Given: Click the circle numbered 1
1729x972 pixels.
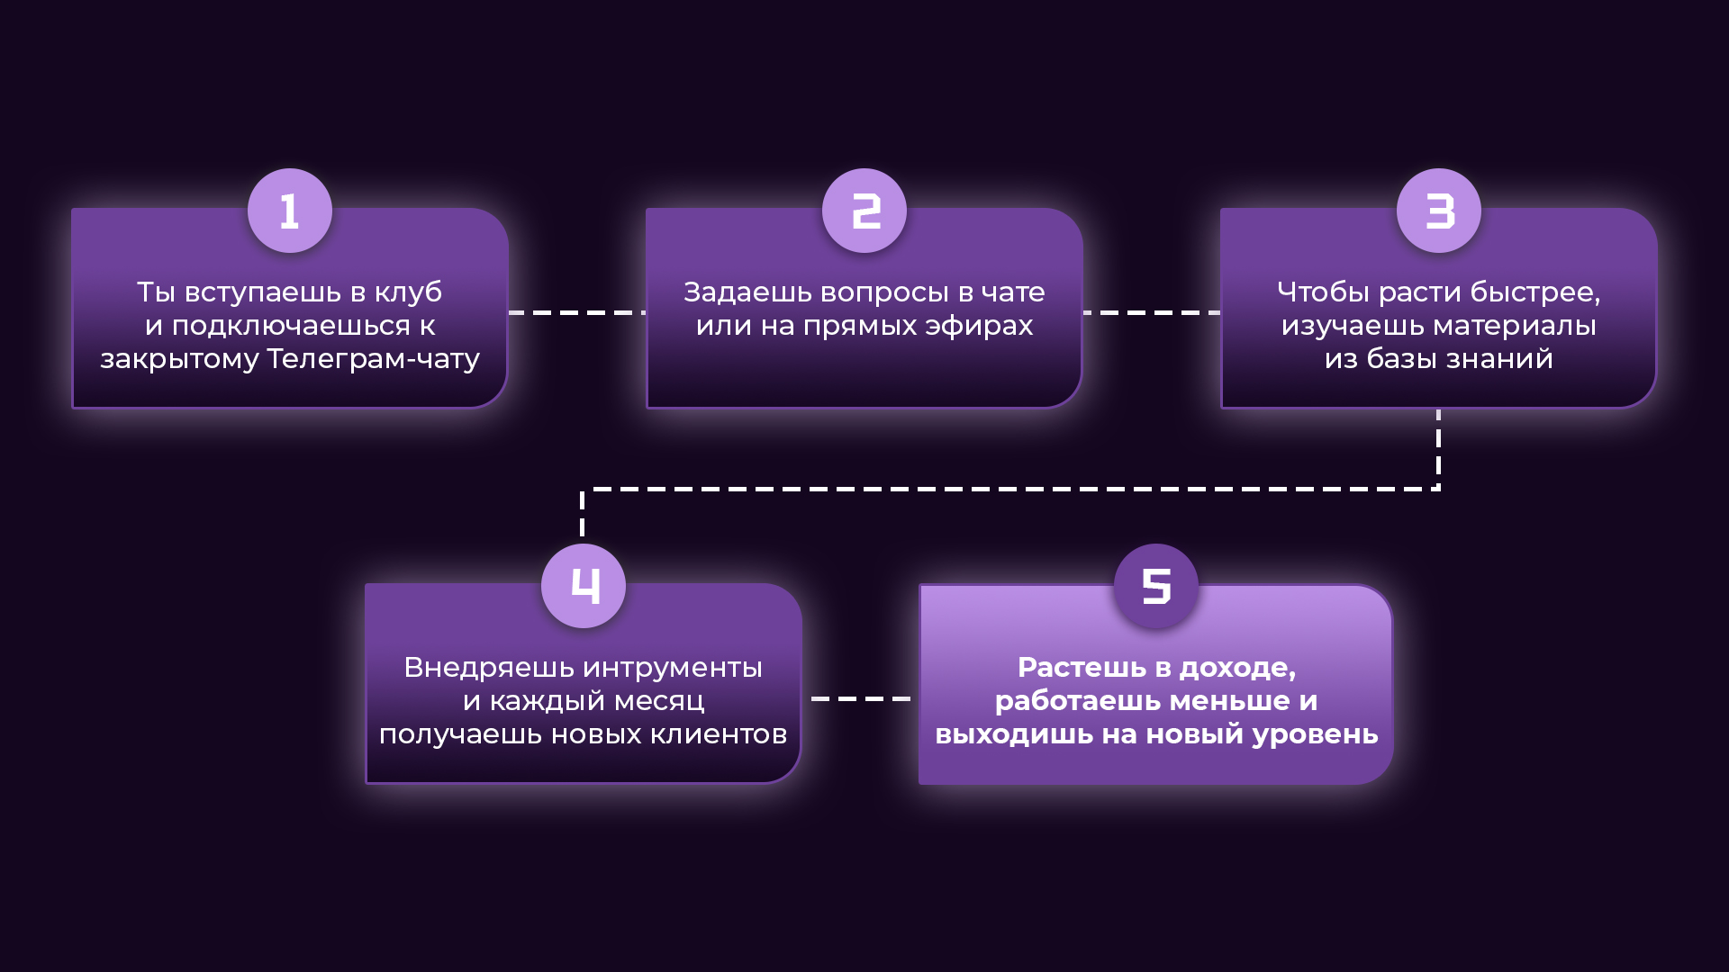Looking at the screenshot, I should [x=290, y=211].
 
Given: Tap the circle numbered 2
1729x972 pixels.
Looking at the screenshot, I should [x=864, y=211].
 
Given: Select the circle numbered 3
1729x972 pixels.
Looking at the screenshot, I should [x=1439, y=211].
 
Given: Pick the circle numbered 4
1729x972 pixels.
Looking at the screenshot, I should [x=584, y=586].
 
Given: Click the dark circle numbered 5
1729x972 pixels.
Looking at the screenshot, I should [x=1156, y=586].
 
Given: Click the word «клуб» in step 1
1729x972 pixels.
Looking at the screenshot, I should [x=408, y=292].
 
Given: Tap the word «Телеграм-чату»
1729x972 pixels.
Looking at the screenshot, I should [x=374, y=359].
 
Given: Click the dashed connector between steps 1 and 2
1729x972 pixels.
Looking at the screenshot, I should [x=577, y=312].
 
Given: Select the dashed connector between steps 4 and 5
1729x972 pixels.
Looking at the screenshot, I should [x=861, y=698].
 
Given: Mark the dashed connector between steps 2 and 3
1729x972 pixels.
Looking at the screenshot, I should [x=1152, y=312].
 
